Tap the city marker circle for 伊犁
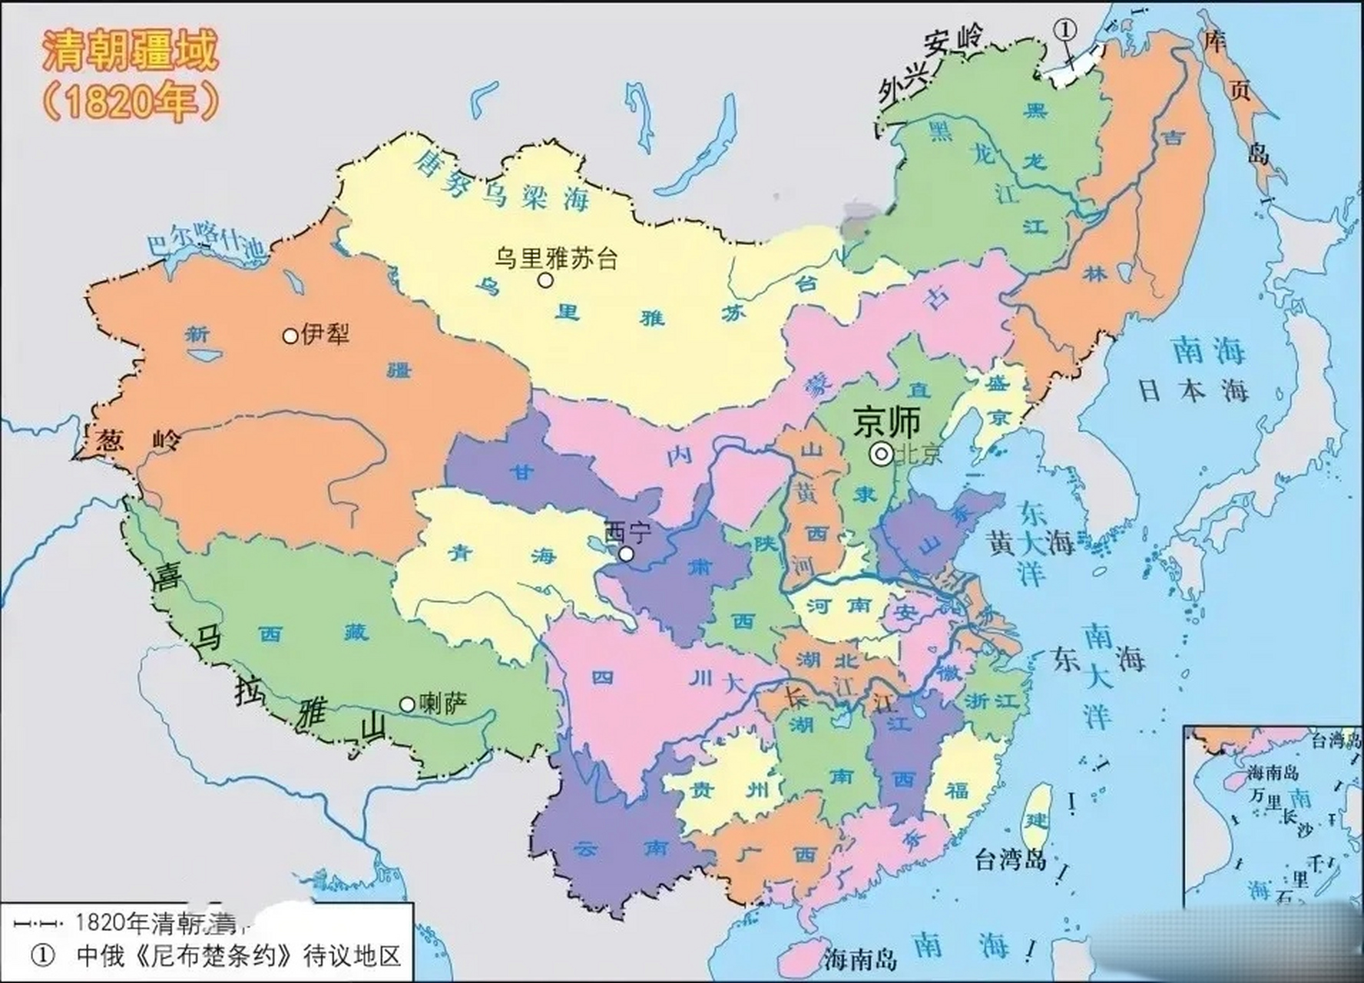pos(290,336)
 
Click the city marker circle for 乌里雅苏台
pos(545,280)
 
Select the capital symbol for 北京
pos(881,455)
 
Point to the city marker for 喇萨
pos(407,704)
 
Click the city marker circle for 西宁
pos(627,554)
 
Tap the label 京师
pos(886,422)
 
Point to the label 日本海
pos(1193,391)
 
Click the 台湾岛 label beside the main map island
pos(1011,859)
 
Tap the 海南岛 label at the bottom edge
pos(860,958)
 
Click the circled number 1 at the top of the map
pos(1065,29)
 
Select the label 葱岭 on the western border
pos(138,440)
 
